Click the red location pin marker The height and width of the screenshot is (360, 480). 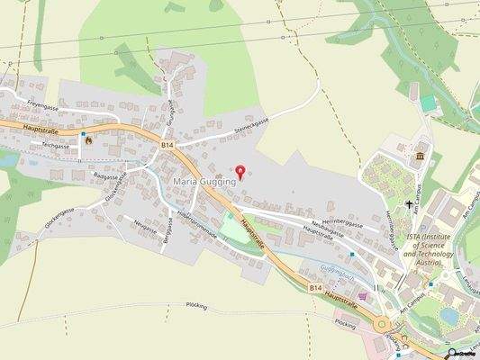[240, 170]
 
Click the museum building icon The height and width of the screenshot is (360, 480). [420, 158]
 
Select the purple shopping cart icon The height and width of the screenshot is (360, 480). [363, 295]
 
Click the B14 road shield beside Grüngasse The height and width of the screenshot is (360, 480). [167, 143]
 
